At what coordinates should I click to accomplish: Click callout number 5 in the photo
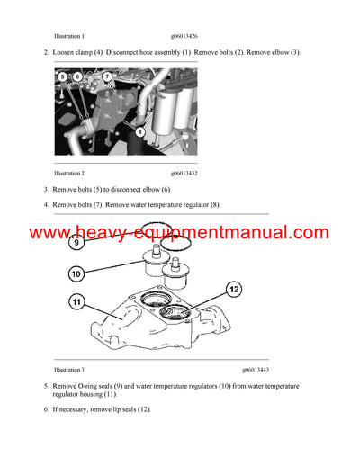tap(62, 77)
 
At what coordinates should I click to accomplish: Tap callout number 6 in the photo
tap(76, 77)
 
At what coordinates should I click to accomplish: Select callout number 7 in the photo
tap(107, 77)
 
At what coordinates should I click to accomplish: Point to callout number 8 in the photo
tap(140, 132)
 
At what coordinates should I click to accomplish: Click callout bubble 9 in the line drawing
tap(76, 242)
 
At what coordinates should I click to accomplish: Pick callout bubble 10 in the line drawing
tap(76, 273)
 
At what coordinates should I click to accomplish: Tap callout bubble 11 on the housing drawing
tap(76, 303)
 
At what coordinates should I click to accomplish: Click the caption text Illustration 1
tap(69, 36)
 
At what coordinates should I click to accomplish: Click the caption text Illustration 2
tap(69, 172)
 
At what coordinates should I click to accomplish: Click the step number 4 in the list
tap(46, 204)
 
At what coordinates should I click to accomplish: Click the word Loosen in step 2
tap(66, 53)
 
